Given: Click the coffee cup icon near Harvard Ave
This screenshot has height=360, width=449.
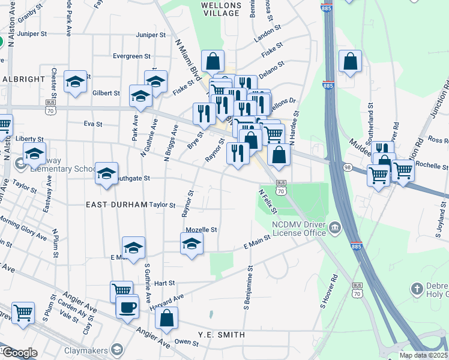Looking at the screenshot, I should (x=127, y=308).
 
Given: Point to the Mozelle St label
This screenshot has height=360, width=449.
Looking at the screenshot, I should (x=201, y=229).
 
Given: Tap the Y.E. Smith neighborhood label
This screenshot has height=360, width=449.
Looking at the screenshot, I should (x=221, y=335).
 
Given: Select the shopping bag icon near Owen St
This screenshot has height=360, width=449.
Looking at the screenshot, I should (x=167, y=317).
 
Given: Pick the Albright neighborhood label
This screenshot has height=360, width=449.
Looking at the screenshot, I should (x=23, y=79).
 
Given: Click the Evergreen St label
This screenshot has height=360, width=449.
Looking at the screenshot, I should (x=132, y=56).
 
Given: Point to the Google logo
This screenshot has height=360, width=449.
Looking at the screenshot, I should (x=19, y=353).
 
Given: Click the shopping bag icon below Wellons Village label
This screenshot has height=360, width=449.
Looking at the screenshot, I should (x=213, y=61).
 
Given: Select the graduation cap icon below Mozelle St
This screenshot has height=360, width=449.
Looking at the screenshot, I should (x=191, y=244).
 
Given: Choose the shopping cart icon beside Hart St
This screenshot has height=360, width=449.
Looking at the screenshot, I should (x=121, y=291).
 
